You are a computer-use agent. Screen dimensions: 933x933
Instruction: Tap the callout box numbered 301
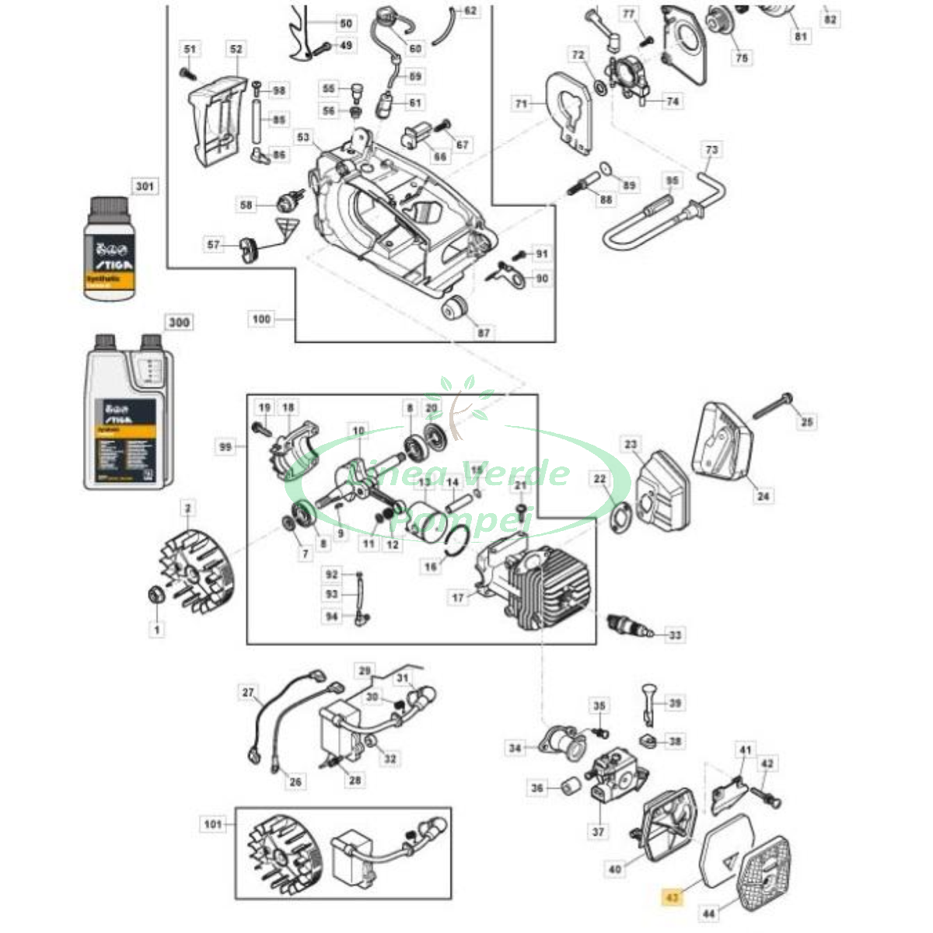pos(144,187)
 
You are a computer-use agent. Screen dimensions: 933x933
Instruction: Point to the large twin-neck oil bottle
pos(128,412)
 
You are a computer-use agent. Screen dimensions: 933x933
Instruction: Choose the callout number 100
pos(262,319)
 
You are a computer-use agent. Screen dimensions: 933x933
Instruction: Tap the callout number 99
pos(225,447)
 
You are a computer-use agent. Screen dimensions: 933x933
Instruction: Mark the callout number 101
pos(212,824)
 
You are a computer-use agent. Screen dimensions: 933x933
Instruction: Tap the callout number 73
pos(711,149)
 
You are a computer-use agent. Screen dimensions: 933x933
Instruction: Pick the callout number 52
pos(236,49)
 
